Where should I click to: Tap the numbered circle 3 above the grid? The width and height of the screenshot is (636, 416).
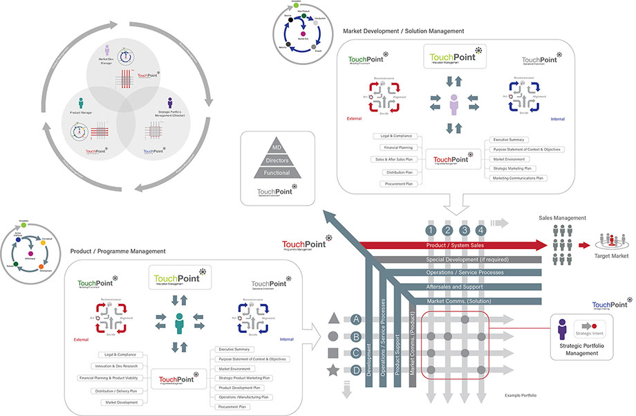[465, 230]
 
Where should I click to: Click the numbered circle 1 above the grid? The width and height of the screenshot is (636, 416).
[430, 230]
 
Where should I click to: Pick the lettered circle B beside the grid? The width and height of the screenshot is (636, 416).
[357, 336]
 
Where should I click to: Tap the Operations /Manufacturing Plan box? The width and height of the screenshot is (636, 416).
[243, 397]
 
